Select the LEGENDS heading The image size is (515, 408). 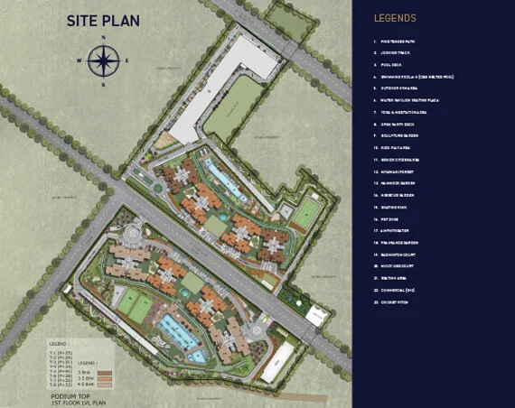(x=395, y=18)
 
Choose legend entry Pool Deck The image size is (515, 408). (x=391, y=65)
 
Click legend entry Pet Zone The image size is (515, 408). (x=390, y=218)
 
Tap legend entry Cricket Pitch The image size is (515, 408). (x=395, y=301)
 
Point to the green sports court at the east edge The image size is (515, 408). (x=307, y=212)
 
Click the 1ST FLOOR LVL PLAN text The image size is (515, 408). (x=71, y=403)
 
